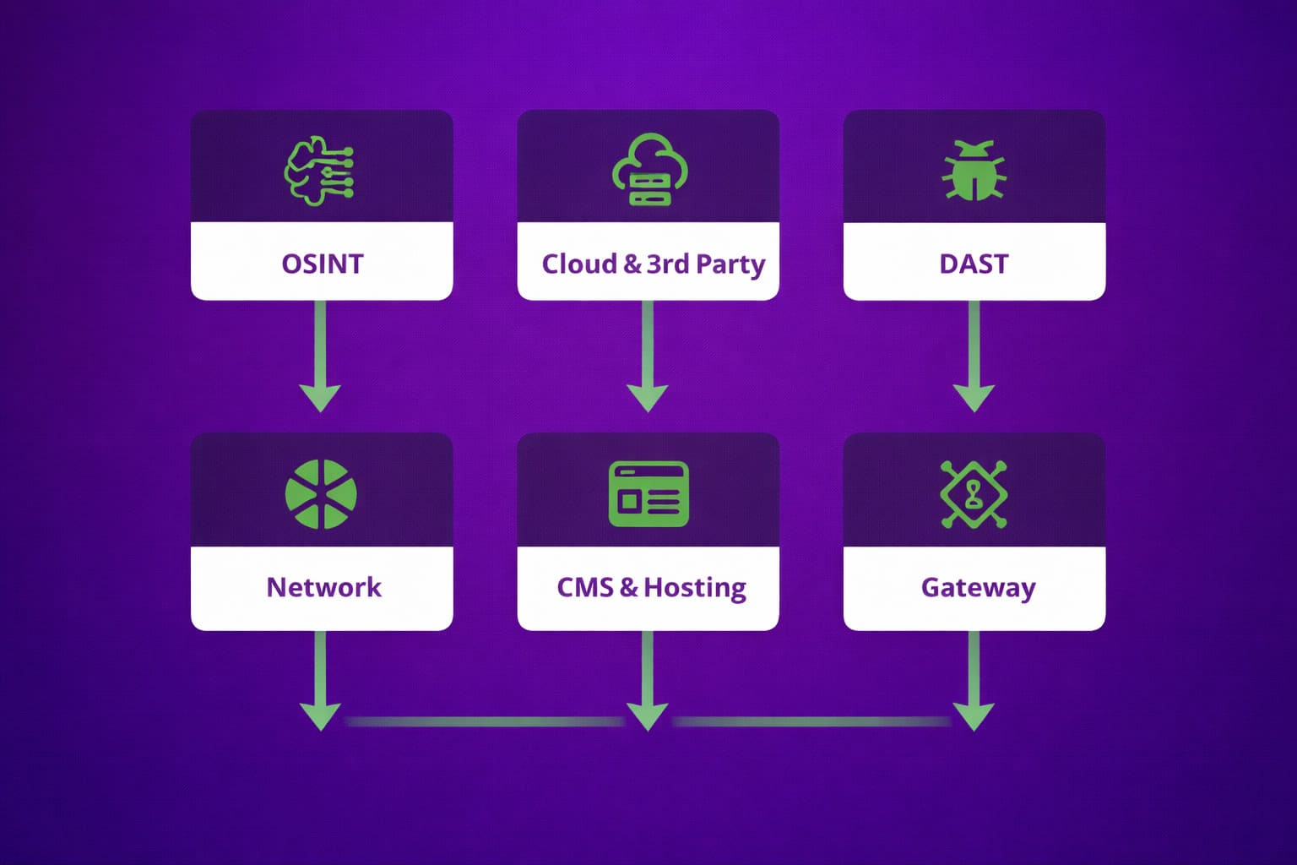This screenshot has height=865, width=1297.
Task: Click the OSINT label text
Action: click(322, 264)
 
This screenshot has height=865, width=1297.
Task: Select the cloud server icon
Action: click(648, 170)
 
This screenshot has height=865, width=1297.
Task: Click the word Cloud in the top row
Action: click(579, 264)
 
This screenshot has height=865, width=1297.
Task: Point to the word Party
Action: click(730, 264)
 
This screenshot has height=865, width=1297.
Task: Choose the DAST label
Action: click(974, 264)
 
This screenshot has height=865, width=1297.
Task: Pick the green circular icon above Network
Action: click(321, 494)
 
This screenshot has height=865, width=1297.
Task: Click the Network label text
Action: click(323, 587)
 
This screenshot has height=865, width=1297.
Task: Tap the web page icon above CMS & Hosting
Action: click(648, 494)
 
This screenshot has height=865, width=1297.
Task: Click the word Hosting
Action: click(695, 588)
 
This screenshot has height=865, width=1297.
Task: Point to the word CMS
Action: click(585, 587)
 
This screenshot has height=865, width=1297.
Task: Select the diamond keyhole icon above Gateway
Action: click(974, 494)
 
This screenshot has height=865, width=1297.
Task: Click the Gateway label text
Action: click(978, 588)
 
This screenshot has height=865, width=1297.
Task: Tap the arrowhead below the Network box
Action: click(321, 715)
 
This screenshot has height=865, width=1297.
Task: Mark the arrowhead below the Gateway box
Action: click(974, 715)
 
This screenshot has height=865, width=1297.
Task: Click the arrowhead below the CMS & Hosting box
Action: click(648, 715)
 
